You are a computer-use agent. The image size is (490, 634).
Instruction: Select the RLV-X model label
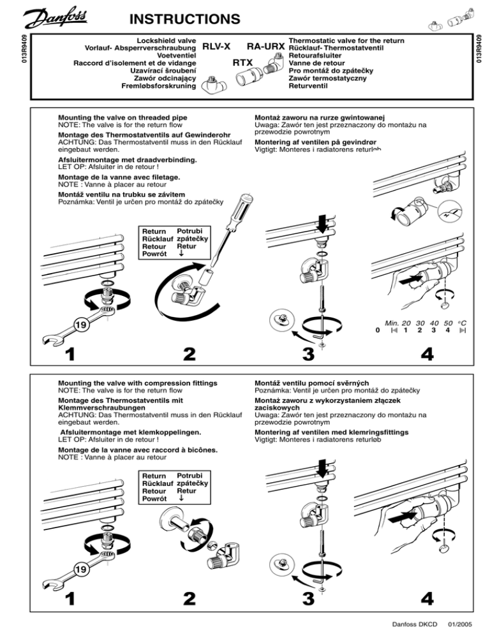coord(216,46)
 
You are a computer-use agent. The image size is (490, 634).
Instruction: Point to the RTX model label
coord(242,63)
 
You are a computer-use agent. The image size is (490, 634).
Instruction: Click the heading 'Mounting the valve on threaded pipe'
coord(122,117)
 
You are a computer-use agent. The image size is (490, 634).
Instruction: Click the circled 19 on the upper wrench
coord(80,325)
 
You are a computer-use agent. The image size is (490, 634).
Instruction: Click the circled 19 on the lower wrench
coord(82,569)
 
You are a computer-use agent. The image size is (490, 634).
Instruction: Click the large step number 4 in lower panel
coord(428,598)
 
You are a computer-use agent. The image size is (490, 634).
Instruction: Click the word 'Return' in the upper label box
coord(154,230)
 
